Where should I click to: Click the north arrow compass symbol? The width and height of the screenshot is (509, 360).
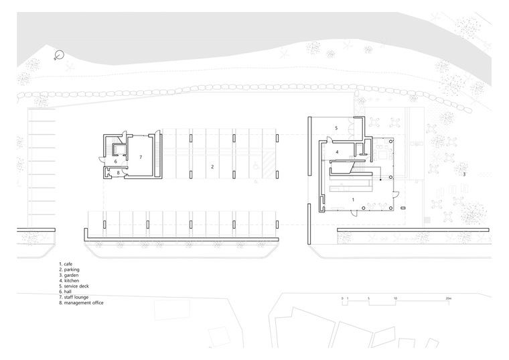pyautogui.click(x=59, y=55)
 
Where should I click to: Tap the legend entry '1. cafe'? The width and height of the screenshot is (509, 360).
pyautogui.click(x=66, y=264)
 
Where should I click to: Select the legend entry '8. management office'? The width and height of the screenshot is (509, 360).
pyautogui.click(x=81, y=303)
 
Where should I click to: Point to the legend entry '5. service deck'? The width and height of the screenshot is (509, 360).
pyautogui.click(x=74, y=286)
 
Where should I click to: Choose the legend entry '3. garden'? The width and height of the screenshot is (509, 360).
pyautogui.click(x=68, y=276)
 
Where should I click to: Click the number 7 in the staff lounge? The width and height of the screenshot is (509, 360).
pyautogui.click(x=141, y=158)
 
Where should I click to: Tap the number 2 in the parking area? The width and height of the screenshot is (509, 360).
pyautogui.click(x=212, y=167)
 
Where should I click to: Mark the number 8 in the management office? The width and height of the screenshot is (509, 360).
pyautogui.click(x=118, y=173)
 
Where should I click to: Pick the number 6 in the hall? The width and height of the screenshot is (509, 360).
pyautogui.click(x=115, y=161)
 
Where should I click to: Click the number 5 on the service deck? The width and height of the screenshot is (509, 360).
pyautogui.click(x=336, y=128)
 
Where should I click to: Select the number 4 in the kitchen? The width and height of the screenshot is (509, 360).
pyautogui.click(x=338, y=152)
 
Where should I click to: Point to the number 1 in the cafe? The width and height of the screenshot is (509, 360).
pyautogui.click(x=353, y=200)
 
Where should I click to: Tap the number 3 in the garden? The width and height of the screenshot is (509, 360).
pyautogui.click(x=464, y=174)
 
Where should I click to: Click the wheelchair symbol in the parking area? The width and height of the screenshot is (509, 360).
pyautogui.click(x=255, y=166)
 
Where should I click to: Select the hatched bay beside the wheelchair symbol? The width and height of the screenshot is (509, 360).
pyautogui.click(x=270, y=166)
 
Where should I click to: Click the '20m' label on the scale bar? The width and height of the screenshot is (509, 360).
pyautogui.click(x=448, y=298)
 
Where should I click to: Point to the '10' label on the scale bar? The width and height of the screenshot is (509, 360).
pyautogui.click(x=395, y=298)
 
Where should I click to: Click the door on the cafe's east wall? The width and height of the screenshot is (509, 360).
pyautogui.click(x=396, y=194)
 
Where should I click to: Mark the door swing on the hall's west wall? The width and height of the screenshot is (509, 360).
pyautogui.click(x=101, y=159)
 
